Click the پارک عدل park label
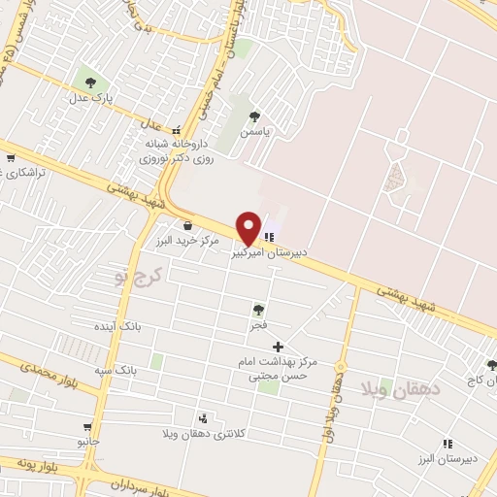[x=91, y=98]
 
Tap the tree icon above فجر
[x=258, y=310]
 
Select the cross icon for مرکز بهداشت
[x=279, y=347]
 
